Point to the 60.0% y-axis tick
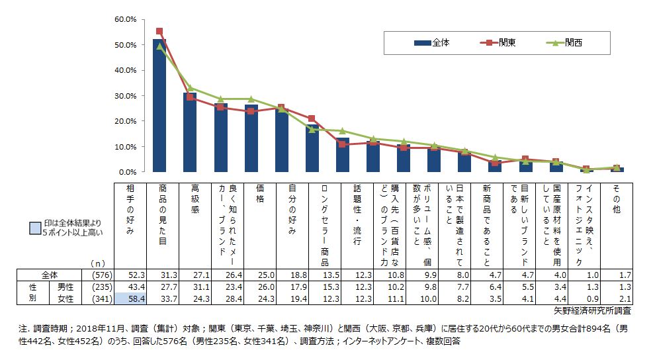[x=125, y=19]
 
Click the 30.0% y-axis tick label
[x=125, y=96]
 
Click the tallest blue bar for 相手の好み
[x=159, y=106]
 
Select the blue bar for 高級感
[x=190, y=132]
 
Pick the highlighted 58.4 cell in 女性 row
[x=130, y=299]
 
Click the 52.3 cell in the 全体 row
[x=130, y=274]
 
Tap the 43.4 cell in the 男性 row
[x=130, y=287]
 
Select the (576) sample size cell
[x=99, y=274]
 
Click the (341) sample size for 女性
[x=99, y=299]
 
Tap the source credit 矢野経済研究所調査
[x=592, y=310]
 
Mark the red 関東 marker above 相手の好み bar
[x=159, y=31]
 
